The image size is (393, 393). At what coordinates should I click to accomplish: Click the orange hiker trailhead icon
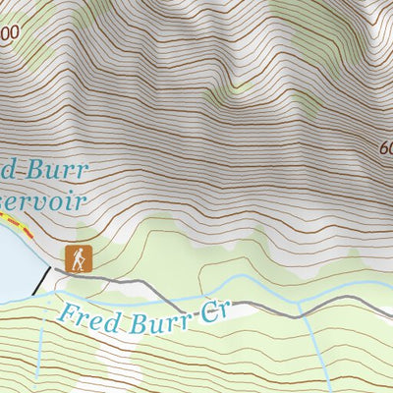tap(78, 259)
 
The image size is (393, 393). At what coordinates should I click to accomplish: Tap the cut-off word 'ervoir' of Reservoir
tap(44, 200)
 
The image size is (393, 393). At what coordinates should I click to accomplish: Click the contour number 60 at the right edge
tap(384, 148)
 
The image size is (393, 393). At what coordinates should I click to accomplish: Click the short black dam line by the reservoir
tap(42, 279)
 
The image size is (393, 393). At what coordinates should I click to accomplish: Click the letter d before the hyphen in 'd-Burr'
tap(8, 169)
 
